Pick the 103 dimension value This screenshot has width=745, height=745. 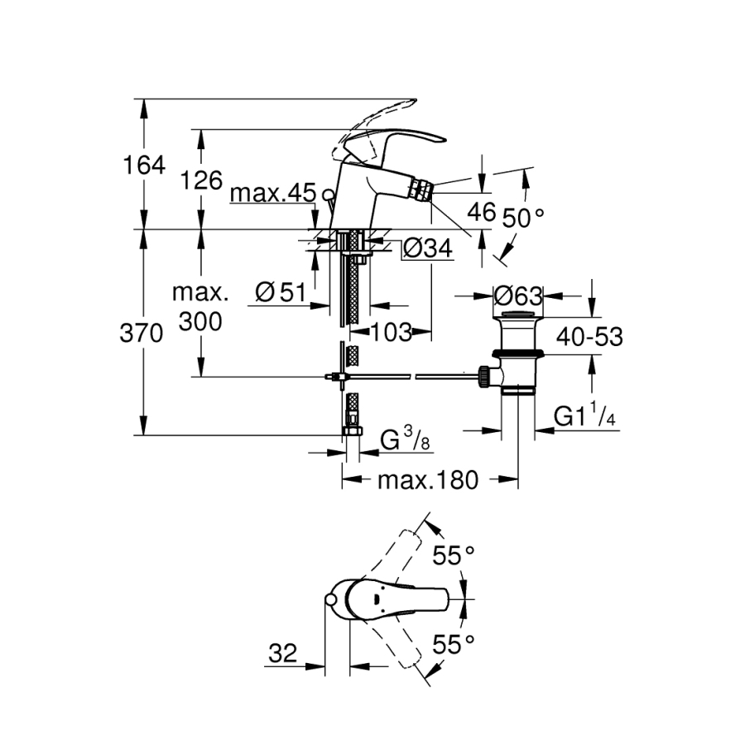(x=390, y=333)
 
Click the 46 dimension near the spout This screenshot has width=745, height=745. (x=483, y=212)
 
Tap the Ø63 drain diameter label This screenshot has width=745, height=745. (x=517, y=295)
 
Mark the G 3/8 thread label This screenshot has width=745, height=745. (x=405, y=440)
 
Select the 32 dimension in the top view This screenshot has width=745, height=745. (x=283, y=654)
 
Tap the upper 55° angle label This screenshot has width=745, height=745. (x=455, y=555)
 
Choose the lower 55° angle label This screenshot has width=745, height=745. (x=455, y=642)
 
